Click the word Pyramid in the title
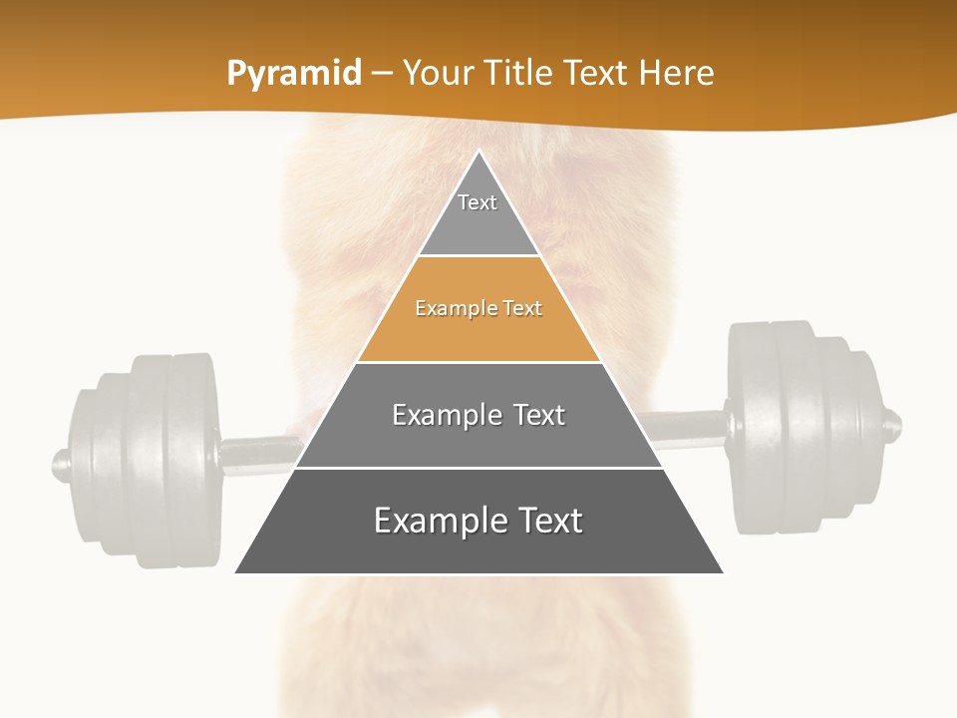tap(294, 74)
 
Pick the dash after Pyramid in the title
tap(382, 74)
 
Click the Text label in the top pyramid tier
tap(478, 202)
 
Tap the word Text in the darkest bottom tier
tap(543, 521)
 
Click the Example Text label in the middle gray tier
tap(478, 415)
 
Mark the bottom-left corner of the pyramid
tap(236, 572)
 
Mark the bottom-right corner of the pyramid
tap(723, 572)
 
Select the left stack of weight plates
tap(145, 459)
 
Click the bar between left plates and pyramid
tap(257, 452)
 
